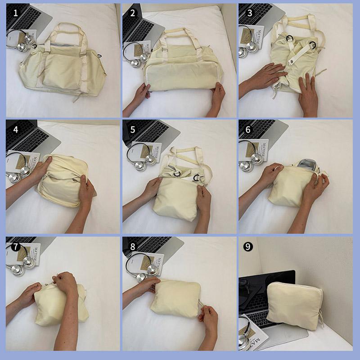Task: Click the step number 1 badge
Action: (15, 13)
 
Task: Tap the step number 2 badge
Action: (132, 13)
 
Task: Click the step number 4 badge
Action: (15, 130)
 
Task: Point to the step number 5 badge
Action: (132, 130)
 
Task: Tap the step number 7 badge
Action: (15, 246)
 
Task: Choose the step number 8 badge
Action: (132, 246)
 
